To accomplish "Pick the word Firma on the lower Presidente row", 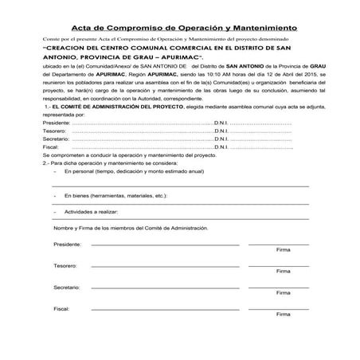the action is point(283,249).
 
